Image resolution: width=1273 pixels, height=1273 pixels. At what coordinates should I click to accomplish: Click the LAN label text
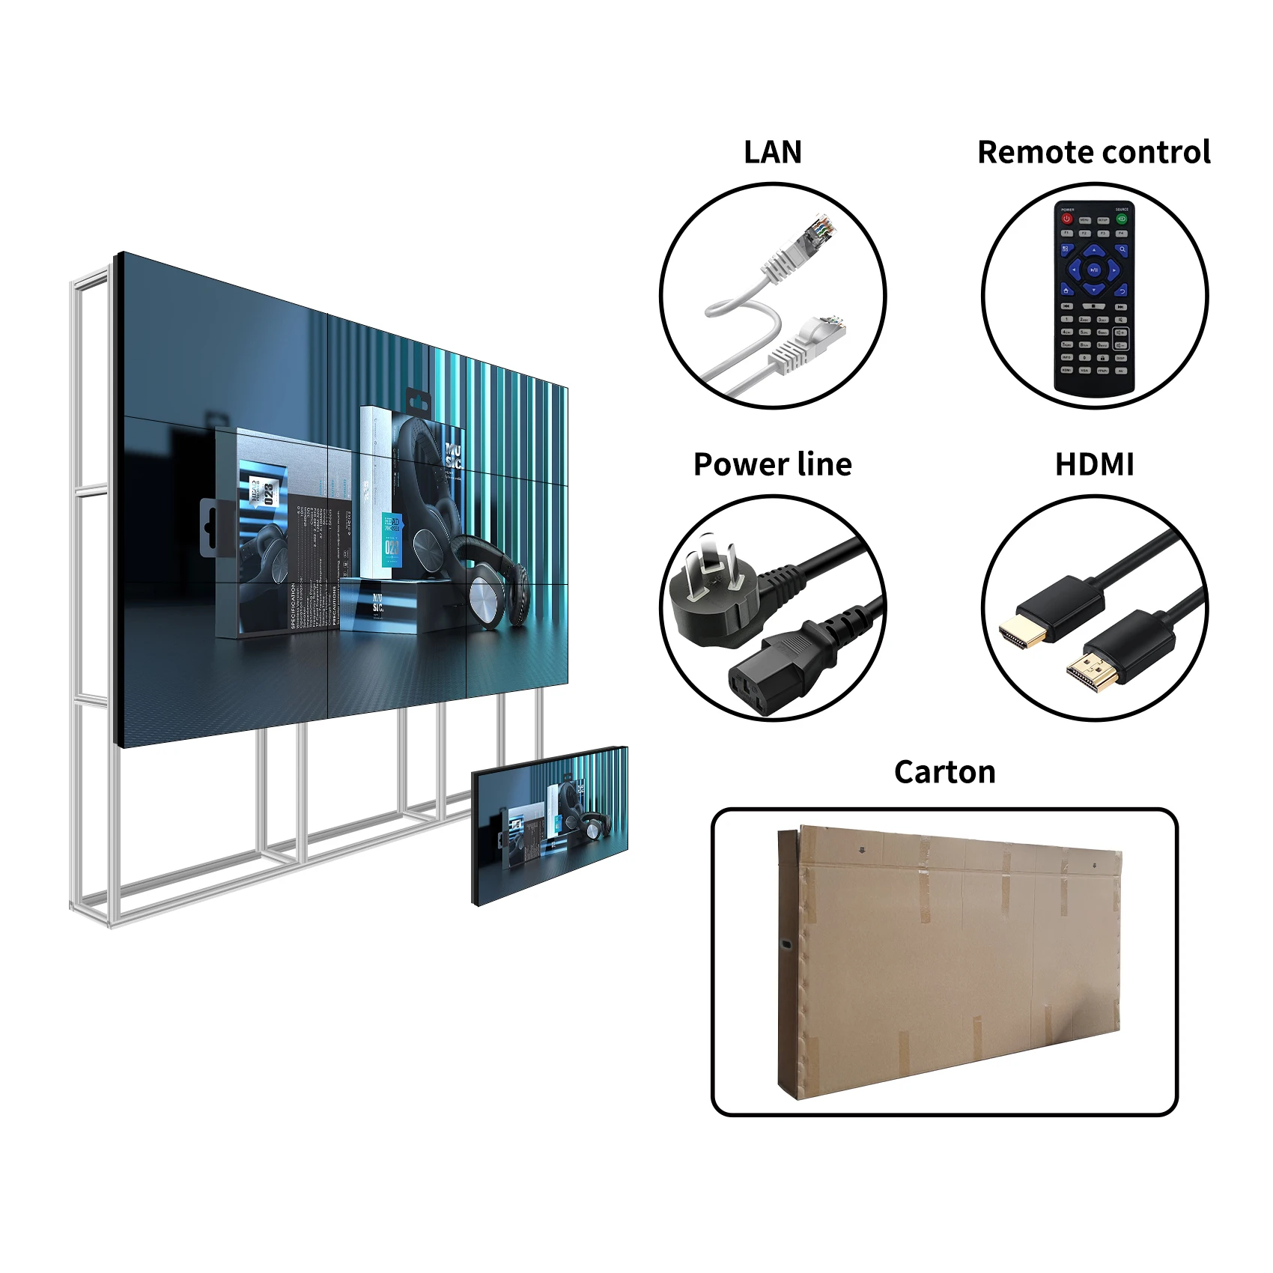(x=772, y=152)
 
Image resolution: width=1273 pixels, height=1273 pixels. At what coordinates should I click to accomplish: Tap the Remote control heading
(x=1093, y=152)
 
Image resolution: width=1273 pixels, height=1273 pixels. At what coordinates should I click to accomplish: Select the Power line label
(x=772, y=464)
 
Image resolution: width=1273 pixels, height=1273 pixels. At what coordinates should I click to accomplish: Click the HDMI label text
(x=1094, y=464)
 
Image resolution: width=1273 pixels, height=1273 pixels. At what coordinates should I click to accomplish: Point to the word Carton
(x=944, y=772)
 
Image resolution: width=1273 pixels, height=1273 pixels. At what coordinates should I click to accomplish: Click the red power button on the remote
(x=1067, y=219)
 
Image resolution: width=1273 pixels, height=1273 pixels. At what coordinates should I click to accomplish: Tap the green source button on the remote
(x=1122, y=219)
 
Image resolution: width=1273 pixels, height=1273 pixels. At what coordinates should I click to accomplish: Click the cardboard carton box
(x=947, y=962)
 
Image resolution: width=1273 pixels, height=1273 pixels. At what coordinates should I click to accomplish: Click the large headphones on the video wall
(x=449, y=524)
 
